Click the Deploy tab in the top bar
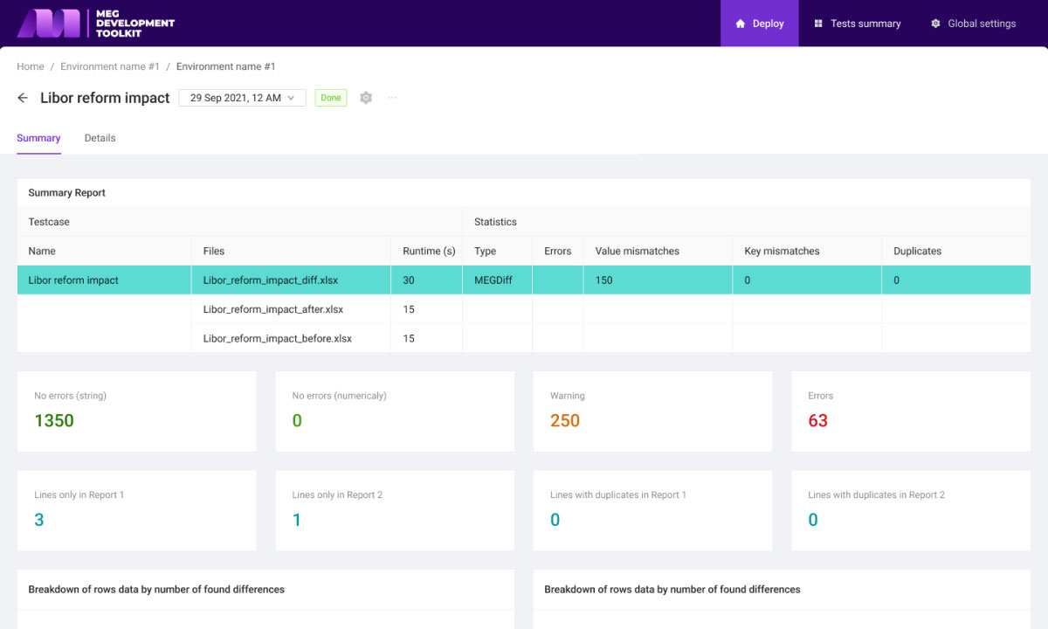pyautogui.click(x=759, y=24)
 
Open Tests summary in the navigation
pyautogui.click(x=857, y=24)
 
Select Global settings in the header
pyautogui.click(x=973, y=24)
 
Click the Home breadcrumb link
pyautogui.click(x=31, y=66)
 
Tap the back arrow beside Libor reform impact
pyautogui.click(x=23, y=98)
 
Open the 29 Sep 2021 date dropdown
pyautogui.click(x=243, y=98)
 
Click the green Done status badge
pyautogui.click(x=331, y=98)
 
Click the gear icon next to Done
pyautogui.click(x=366, y=98)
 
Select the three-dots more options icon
pyautogui.click(x=392, y=98)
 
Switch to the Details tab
pyautogui.click(x=100, y=138)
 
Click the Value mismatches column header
pyautogui.click(x=637, y=251)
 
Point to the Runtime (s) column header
pyautogui.click(x=429, y=251)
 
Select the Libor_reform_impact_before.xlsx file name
pyautogui.click(x=278, y=338)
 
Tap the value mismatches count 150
pyautogui.click(x=603, y=280)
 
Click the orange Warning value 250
pyautogui.click(x=565, y=420)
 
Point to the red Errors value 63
pyautogui.click(x=817, y=420)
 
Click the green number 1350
pyautogui.click(x=54, y=420)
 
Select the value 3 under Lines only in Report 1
pyautogui.click(x=38, y=520)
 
